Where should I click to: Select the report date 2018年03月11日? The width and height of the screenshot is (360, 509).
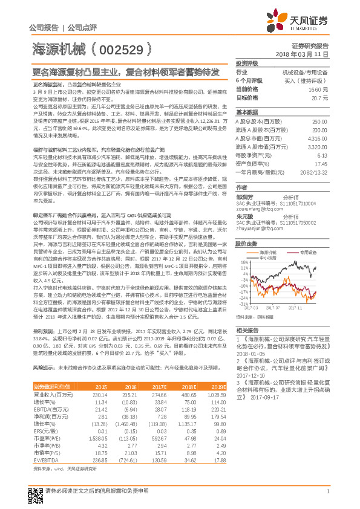302,54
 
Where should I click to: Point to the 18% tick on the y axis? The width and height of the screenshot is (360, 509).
243,262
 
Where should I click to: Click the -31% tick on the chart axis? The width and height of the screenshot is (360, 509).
243,304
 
